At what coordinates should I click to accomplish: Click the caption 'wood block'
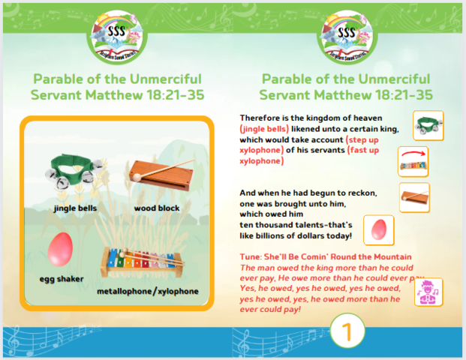157,208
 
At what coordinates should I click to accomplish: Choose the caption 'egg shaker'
62,279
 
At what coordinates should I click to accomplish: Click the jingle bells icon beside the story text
428,125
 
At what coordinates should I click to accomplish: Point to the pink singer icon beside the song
428,292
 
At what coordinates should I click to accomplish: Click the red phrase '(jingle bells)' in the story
264,129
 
